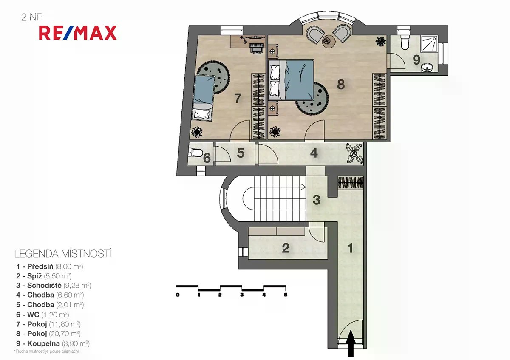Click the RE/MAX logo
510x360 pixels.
point(78,33)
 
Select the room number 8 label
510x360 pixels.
point(341,85)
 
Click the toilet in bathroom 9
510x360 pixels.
point(405,43)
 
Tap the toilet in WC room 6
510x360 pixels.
point(195,152)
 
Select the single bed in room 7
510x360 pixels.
point(204,98)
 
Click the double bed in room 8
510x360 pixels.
point(291,80)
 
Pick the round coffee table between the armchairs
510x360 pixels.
point(328,41)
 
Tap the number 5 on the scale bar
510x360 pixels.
point(286,295)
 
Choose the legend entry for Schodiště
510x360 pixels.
point(54,285)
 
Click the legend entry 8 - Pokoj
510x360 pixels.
point(48,334)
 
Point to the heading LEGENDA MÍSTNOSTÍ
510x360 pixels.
point(63,254)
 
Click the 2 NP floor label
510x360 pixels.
point(32,17)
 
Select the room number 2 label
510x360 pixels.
point(286,248)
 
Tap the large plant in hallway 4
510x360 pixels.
point(354,153)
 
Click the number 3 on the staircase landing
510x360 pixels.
point(317,200)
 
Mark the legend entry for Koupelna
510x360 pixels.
point(53,343)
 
